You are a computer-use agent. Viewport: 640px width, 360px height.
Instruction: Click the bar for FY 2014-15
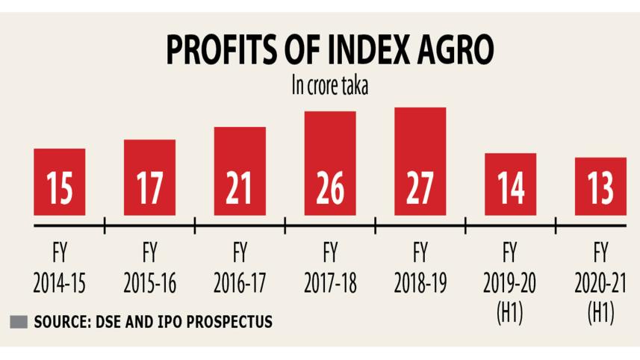[60, 181]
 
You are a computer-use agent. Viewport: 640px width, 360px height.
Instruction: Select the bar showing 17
[150, 177]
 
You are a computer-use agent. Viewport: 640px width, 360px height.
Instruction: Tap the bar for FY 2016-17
[240, 171]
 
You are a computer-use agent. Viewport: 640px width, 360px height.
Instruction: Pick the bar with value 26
[329, 163]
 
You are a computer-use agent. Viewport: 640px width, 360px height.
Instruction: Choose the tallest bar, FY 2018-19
[420, 161]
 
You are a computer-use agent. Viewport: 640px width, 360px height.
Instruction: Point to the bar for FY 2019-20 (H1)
[510, 184]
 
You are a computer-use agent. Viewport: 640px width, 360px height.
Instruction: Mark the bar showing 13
[600, 186]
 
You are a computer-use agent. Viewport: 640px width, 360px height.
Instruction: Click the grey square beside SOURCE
[19, 323]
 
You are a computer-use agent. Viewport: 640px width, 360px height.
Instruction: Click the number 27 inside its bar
[420, 189]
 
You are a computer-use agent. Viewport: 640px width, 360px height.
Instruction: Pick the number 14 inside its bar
[510, 189]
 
